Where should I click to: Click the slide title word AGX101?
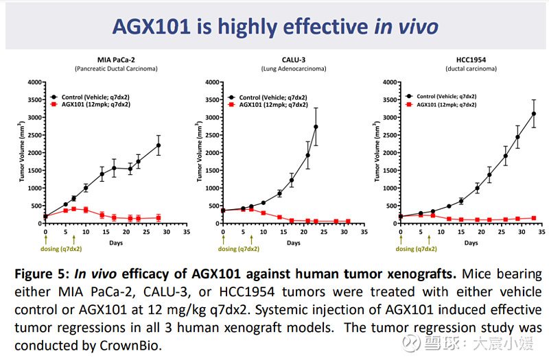(152, 27)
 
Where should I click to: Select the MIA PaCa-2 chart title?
(116, 60)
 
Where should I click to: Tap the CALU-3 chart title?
(294, 60)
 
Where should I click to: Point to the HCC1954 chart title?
(471, 60)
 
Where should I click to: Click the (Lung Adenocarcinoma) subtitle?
(294, 69)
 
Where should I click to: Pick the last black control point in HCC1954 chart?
(534, 114)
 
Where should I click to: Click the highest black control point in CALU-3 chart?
(316, 127)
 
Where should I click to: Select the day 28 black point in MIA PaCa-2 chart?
(159, 145)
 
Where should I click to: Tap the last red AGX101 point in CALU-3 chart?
(348, 221)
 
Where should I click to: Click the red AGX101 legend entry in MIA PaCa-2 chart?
(91, 104)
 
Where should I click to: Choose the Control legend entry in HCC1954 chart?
(441, 96)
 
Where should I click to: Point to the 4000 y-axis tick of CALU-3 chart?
(212, 82)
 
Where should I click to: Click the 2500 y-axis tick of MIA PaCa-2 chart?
(35, 135)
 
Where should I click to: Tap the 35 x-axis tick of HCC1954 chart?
(541, 232)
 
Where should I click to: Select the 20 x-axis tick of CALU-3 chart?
(304, 232)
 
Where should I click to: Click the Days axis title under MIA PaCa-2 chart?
(116, 243)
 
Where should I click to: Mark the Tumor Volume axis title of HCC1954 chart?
(377, 151)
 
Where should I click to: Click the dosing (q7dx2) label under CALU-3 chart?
(239, 249)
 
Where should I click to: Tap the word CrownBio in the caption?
(130, 346)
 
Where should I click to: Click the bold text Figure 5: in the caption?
(42, 274)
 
